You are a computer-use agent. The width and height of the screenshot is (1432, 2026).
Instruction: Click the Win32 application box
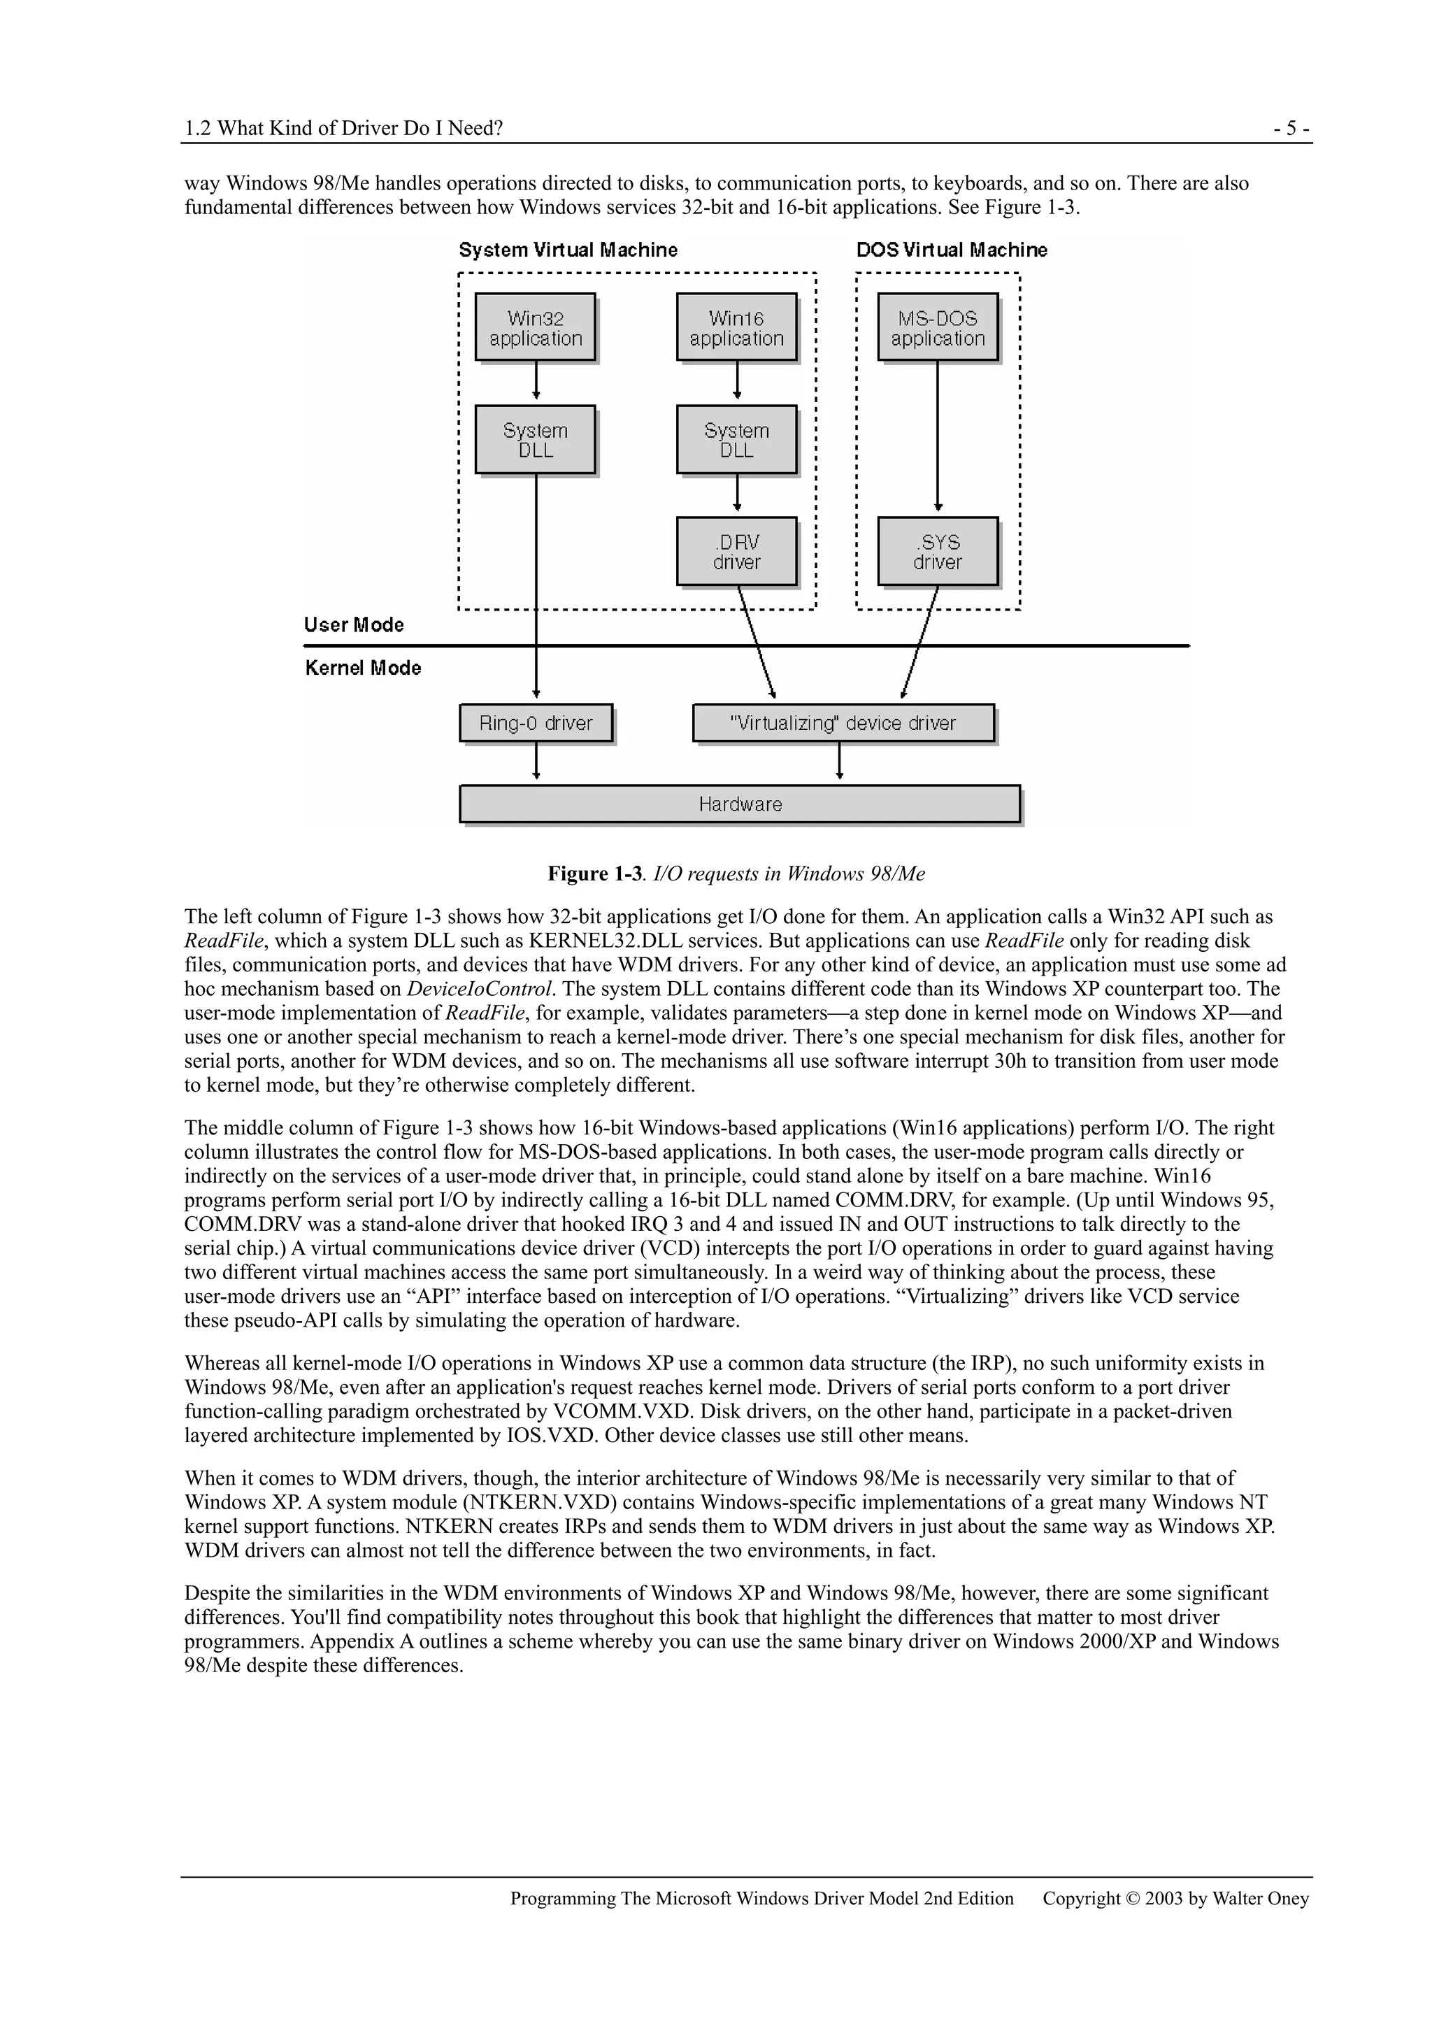pyautogui.click(x=535, y=327)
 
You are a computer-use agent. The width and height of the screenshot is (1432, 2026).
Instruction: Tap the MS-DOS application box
pyautogui.click(x=937, y=327)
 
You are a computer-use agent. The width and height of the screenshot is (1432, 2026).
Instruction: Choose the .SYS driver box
pyautogui.click(x=937, y=552)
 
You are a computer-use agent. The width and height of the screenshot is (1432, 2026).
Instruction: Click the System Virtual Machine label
pyautogui.click(x=568, y=250)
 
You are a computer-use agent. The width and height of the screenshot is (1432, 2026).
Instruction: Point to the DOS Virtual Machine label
pyautogui.click(x=951, y=250)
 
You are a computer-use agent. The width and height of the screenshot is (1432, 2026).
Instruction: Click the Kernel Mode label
pyautogui.click(x=363, y=668)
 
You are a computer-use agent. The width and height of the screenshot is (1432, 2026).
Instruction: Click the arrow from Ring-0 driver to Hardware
pyautogui.click(x=536, y=762)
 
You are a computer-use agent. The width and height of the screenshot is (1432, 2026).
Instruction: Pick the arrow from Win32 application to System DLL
pyautogui.click(x=536, y=381)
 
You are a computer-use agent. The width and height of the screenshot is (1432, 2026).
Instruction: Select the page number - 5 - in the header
pyautogui.click(x=1291, y=129)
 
